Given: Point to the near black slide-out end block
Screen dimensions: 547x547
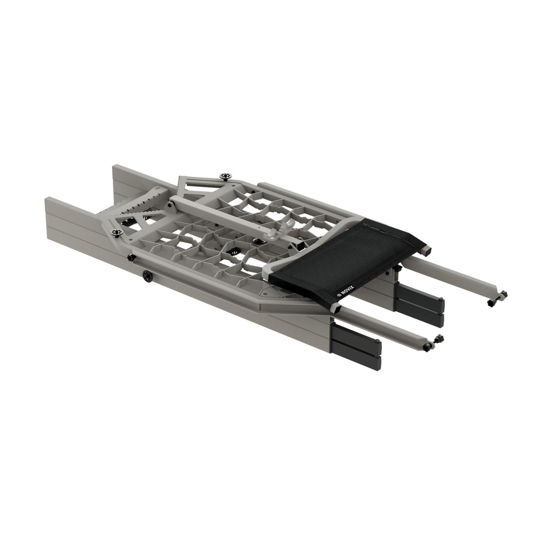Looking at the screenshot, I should (356, 342).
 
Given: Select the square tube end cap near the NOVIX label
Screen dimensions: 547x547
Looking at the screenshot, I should (335, 309).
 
